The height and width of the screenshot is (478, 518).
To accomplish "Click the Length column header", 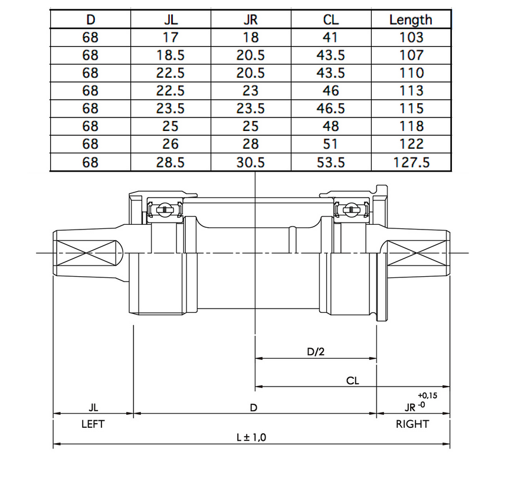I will [411, 19].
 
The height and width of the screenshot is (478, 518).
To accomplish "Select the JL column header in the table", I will [170, 19].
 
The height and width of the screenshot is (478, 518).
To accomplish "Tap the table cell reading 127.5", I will [411, 162].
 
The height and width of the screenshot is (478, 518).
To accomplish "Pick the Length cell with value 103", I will [411, 37].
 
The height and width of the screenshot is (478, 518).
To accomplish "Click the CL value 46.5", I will [330, 109].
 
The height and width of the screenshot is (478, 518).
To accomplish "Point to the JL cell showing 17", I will [170, 37].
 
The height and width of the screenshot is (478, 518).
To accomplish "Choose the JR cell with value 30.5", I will [250, 162].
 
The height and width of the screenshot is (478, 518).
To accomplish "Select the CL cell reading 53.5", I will [330, 162].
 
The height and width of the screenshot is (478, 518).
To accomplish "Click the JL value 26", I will [170, 144].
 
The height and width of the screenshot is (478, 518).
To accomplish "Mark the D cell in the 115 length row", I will [90, 109].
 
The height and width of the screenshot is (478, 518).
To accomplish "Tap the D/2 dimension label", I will [316, 352].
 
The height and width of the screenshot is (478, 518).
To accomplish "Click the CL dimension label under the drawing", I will [353, 381].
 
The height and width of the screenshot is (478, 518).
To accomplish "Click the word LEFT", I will [93, 424].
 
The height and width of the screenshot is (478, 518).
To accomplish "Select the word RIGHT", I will [412, 424].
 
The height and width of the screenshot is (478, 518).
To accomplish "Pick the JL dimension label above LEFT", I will [93, 407].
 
